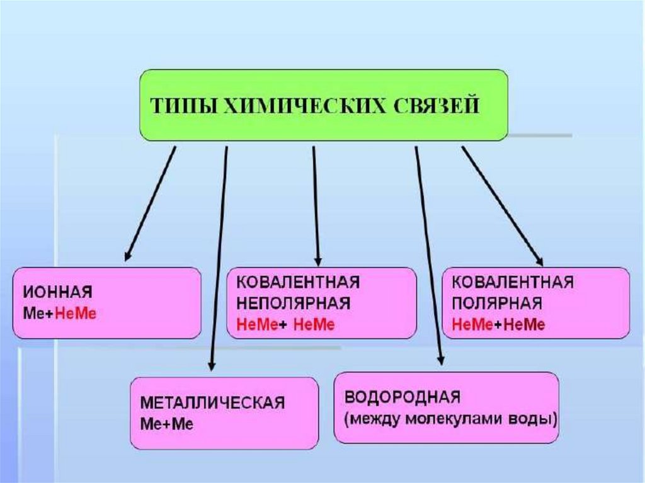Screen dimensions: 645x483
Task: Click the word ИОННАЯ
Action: coord(58,292)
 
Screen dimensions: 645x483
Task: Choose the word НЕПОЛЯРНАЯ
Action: coord(293,304)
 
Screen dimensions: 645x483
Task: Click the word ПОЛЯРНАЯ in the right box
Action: coord(498,304)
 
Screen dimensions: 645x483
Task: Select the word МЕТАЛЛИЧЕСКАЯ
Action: coord(212,402)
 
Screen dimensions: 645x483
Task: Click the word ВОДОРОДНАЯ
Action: coord(403,397)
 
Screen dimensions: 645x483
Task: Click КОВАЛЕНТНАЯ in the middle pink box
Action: coord(298,282)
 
